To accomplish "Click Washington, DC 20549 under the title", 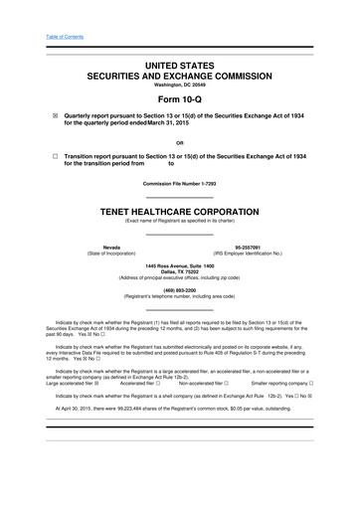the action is pyautogui.click(x=179, y=85).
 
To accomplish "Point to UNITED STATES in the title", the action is pyautogui.click(x=179, y=63).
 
